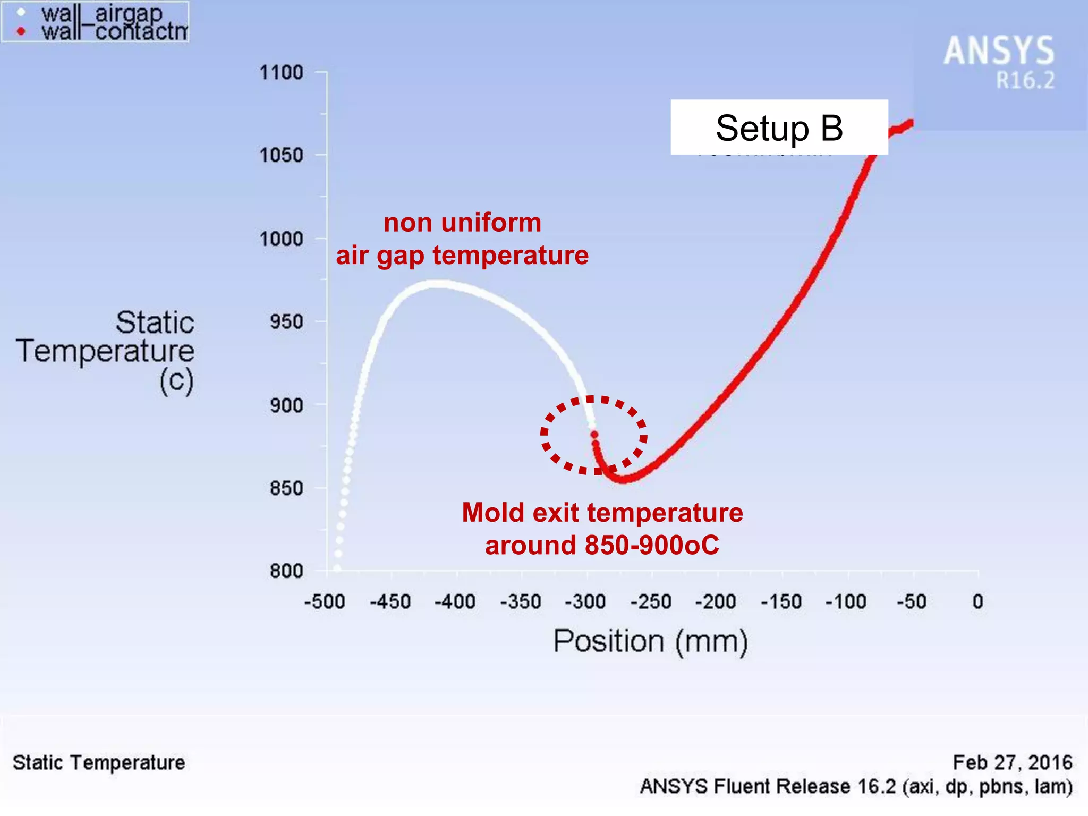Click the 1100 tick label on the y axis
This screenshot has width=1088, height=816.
[x=281, y=72]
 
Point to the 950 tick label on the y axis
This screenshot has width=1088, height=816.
[x=286, y=322]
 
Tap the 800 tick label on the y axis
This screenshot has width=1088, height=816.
[x=286, y=572]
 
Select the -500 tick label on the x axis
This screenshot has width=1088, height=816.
[x=325, y=602]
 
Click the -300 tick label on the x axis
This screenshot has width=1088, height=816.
[x=585, y=602]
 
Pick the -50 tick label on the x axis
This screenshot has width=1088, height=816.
[x=911, y=602]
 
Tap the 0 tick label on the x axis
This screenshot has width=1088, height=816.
[x=978, y=602]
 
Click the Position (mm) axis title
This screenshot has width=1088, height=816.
[x=650, y=641]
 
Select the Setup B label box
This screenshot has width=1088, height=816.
[x=779, y=127]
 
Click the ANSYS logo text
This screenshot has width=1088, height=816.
[x=999, y=51]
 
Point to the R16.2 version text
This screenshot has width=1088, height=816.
[x=1024, y=81]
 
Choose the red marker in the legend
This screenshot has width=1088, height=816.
[x=21, y=31]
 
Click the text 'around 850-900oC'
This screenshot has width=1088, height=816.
[x=602, y=545]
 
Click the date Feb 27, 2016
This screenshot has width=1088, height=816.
[x=1012, y=762]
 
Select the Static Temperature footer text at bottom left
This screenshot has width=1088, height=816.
[x=99, y=762]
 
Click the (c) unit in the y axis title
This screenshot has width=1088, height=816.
[x=176, y=381]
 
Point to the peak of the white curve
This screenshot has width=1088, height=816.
[x=436, y=284]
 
